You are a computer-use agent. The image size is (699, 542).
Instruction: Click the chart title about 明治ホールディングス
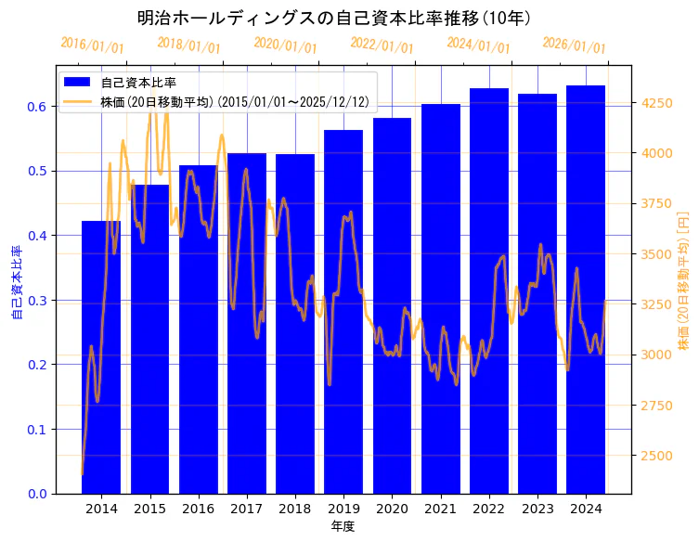tap(334, 18)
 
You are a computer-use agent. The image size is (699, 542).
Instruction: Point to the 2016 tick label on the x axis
tap(198, 509)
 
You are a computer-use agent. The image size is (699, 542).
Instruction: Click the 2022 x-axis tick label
tap(488, 509)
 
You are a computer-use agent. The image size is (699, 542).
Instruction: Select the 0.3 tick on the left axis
tap(36, 301)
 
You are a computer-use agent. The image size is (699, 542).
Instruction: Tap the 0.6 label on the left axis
tap(36, 107)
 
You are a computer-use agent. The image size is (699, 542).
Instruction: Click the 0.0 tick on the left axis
tap(36, 494)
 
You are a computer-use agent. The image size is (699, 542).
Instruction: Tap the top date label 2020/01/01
tap(285, 45)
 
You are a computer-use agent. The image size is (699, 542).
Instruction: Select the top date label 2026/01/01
tap(574, 45)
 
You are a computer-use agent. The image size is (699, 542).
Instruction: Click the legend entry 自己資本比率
tap(138, 83)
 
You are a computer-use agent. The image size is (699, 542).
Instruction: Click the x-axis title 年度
tap(343, 526)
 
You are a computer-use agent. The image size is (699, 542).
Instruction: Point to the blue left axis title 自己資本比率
tap(16, 282)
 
